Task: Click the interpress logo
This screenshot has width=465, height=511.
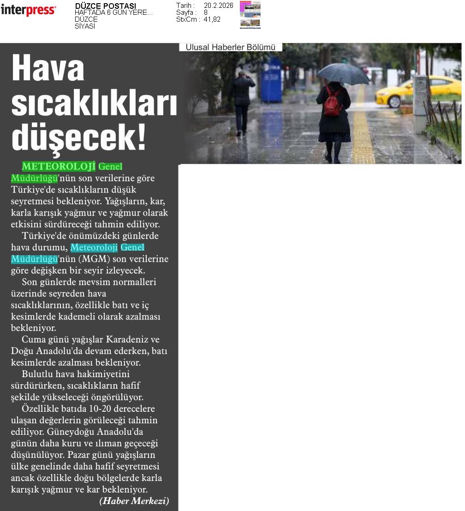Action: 28,10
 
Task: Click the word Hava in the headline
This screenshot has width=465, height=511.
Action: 48,68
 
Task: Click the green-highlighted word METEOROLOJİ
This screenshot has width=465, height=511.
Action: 59,166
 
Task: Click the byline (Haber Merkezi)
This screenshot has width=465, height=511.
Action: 134,501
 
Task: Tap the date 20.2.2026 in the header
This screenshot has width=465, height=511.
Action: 218,6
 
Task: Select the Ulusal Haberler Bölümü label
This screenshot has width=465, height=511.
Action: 230,47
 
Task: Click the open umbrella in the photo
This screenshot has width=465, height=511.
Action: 343,73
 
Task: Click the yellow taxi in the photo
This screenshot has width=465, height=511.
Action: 418,91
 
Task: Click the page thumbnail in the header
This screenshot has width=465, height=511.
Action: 250,15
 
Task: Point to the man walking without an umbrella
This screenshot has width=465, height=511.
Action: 243,102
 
